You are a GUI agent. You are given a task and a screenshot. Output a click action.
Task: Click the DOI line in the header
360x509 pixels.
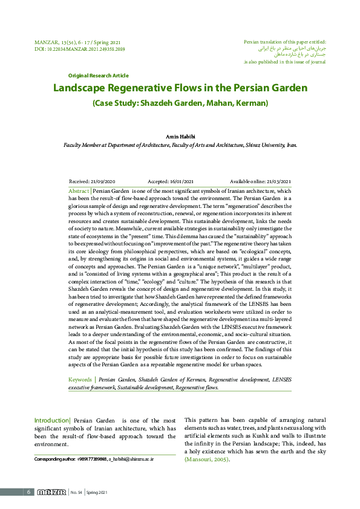80,48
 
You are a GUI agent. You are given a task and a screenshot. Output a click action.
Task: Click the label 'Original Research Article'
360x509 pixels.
98,76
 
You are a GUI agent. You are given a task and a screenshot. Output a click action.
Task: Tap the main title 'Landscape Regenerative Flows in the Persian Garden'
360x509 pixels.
180,88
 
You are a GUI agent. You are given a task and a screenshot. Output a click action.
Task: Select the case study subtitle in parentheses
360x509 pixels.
180,103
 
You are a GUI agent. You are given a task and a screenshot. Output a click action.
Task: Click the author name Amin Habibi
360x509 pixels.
180,137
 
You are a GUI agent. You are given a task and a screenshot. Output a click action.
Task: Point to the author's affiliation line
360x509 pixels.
180,145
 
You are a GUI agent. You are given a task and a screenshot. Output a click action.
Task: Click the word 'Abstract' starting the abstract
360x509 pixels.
79,190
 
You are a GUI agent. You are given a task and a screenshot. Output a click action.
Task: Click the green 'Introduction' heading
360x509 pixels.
52,420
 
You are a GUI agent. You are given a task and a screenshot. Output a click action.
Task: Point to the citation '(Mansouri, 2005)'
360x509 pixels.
207,459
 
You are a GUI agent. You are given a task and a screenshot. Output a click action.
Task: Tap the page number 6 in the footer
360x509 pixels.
28,492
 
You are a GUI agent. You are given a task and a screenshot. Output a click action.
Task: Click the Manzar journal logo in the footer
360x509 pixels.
51,492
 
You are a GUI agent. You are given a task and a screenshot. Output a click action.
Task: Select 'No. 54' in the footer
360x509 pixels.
76,492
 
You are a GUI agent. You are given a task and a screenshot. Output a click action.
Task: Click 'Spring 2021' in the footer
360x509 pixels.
97,492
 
